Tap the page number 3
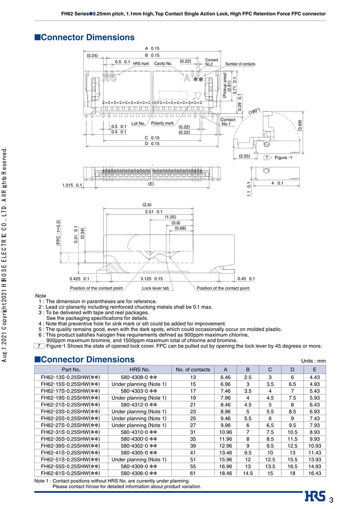click(331, 500)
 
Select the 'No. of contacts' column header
click(193, 370)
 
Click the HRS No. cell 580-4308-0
click(139, 377)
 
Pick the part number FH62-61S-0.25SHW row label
click(70, 473)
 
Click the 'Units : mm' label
click(313, 361)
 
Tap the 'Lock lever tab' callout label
click(155, 288)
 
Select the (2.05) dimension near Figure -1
click(244, 156)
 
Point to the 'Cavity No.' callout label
click(163, 64)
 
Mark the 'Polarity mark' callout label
click(162, 123)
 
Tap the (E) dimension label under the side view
click(151, 184)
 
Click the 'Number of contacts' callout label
click(240, 64)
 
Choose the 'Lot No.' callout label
click(138, 123)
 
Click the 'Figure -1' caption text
click(283, 158)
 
